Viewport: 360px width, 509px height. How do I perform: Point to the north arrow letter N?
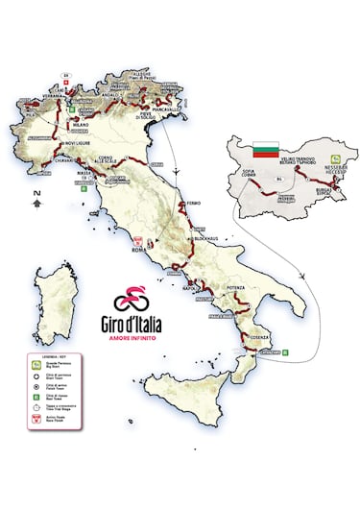[x=35, y=193]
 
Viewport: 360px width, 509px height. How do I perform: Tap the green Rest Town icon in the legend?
[x=33, y=395]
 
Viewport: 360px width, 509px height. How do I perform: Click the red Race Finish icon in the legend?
[x=33, y=417]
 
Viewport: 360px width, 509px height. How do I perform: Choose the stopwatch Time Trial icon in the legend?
[x=33, y=405]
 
